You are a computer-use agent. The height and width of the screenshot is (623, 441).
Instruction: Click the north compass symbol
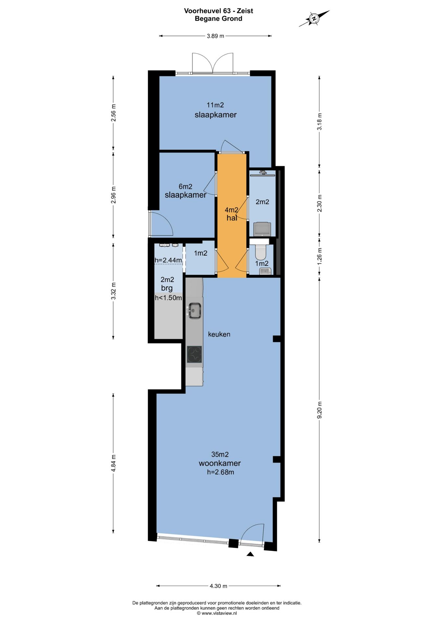coord(314,18)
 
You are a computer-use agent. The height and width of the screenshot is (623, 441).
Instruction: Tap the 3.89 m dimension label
coord(216,36)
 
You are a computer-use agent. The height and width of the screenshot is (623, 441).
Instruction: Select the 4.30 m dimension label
coord(219,586)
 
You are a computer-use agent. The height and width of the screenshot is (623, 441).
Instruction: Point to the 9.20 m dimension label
coord(320,410)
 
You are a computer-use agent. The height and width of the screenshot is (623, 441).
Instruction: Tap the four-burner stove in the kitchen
coord(194,354)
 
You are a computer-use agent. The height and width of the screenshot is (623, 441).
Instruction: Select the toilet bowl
coord(261,251)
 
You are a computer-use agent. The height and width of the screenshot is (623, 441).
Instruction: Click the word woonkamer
coord(220,463)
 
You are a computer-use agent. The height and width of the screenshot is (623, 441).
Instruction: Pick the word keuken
coord(219,334)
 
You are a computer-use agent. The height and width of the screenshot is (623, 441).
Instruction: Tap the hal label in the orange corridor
coord(232,218)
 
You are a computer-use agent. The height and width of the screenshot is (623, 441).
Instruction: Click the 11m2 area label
coord(215,105)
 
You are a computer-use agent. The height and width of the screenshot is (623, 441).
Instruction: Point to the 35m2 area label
coord(220,454)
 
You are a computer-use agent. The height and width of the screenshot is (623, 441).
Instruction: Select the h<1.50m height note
coord(168,298)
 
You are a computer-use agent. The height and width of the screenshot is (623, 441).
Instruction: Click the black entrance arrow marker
coord(250,554)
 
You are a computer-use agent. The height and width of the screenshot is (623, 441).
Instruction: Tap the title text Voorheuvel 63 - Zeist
coord(219,11)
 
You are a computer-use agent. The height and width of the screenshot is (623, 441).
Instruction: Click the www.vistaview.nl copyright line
coord(217,613)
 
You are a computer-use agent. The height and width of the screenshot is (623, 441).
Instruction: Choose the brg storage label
coord(167,288)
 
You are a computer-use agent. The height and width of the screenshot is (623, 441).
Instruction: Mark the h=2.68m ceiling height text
coord(220,472)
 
